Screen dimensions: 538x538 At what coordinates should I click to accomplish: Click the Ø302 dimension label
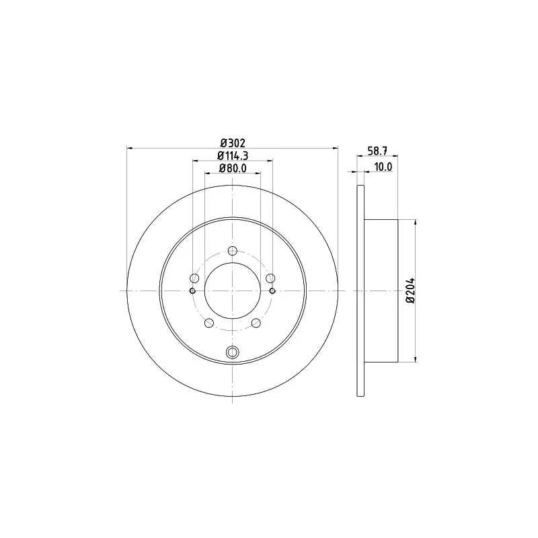(x=233, y=143)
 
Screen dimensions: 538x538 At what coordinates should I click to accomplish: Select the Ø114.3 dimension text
(x=233, y=155)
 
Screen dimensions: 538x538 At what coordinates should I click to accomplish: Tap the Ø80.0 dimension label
(x=233, y=168)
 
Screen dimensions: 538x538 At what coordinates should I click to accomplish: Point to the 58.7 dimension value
(x=377, y=151)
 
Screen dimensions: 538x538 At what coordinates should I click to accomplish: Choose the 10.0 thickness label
(x=383, y=167)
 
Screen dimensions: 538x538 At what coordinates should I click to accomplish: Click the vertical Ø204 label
(x=410, y=291)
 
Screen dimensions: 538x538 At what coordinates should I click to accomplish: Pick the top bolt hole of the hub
(x=233, y=251)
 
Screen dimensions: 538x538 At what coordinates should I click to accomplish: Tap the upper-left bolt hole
(x=194, y=278)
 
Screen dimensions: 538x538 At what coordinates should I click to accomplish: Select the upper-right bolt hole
(x=270, y=278)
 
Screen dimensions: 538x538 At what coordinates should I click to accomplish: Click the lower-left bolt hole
(x=209, y=323)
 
